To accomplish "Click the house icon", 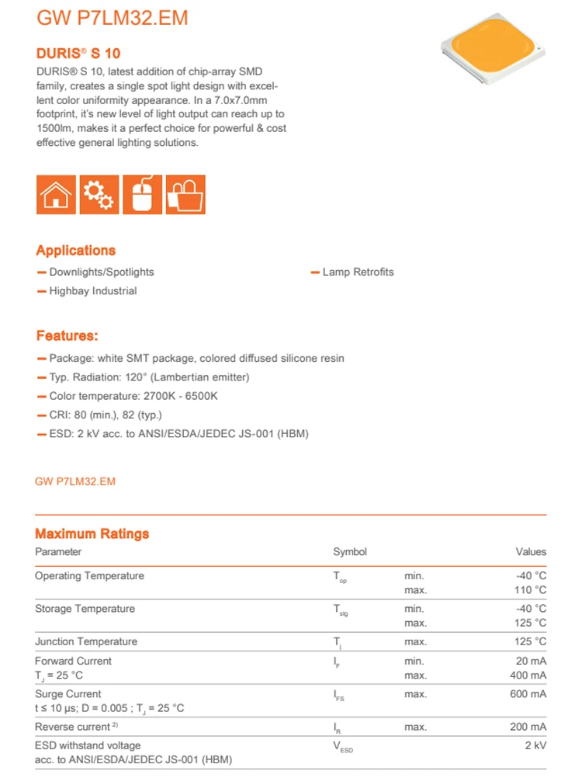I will [x=56, y=195].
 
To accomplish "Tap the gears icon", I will [x=99, y=195].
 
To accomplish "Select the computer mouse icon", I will [x=142, y=195].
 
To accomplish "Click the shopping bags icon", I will [x=185, y=195].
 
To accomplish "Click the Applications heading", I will [x=75, y=251].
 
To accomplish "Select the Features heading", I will [x=67, y=336].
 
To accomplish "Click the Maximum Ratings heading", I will [x=92, y=534].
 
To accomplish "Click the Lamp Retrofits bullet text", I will [x=358, y=273].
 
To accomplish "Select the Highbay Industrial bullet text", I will [x=92, y=291].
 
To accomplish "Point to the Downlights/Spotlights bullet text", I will [x=101, y=273].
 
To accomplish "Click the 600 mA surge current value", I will [x=528, y=694].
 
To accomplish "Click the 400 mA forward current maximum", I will [x=528, y=675].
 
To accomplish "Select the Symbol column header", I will [x=350, y=552].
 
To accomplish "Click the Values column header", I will [x=531, y=552].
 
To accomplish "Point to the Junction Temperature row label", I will [x=85, y=642].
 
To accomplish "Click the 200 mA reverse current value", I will [x=528, y=727].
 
